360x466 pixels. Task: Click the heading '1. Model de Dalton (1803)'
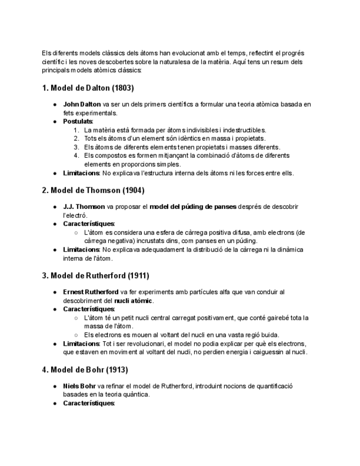pos(87,88)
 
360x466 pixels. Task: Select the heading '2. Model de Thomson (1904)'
pos(93,190)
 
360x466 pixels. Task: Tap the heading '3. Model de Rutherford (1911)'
pos(96,275)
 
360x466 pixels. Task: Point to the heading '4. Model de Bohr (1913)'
pos(85,370)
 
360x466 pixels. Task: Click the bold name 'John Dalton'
pos(82,104)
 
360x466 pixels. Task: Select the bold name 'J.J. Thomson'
pos(84,207)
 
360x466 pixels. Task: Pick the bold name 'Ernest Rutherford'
pos(91,292)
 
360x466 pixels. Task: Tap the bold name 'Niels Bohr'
pos(79,386)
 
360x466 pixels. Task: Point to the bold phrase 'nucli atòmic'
pos(134,301)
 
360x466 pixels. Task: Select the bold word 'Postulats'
pos(77,121)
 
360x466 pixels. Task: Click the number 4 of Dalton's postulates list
pos(76,156)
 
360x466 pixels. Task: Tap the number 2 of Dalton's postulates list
pos(76,138)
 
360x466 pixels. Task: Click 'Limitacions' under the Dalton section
pos(81,173)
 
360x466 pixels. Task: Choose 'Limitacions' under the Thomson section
pos(81,249)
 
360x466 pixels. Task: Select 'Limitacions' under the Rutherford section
pos(81,343)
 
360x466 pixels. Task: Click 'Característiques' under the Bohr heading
pos(88,403)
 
